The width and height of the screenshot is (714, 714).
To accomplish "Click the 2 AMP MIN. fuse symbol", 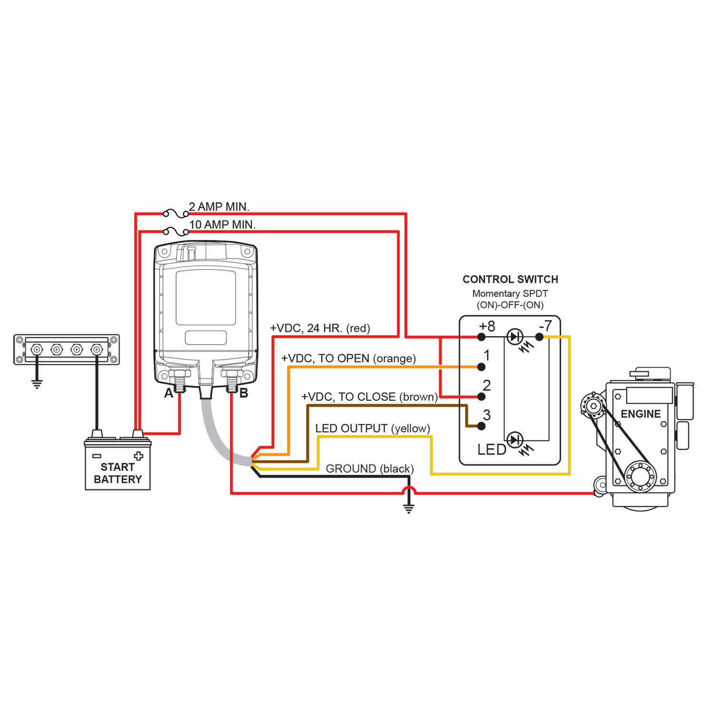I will pos(176,214).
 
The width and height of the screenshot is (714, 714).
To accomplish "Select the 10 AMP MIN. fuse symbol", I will pos(176,232).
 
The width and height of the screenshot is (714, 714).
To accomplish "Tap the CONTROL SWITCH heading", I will pos(510,279).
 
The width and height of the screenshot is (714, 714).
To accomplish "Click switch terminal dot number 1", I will pos(481,367).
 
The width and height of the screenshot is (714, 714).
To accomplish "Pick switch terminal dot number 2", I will pos(481,397).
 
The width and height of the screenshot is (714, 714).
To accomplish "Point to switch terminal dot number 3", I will pos(481,426).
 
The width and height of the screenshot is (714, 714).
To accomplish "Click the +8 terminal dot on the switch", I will pos(481,337).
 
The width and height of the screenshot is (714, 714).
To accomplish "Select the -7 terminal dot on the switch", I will pos(539,337).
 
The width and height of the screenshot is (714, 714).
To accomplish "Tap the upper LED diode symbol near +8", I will pos(515,337).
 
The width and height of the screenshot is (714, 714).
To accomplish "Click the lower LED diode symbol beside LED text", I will pos(515,440).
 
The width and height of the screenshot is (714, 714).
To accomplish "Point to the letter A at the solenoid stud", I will pos(169,394).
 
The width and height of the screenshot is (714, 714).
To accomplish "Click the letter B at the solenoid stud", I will pos(244,394).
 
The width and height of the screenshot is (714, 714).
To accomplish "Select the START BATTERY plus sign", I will pos(139,456).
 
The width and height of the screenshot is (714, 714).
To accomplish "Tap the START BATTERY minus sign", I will pos(97,456).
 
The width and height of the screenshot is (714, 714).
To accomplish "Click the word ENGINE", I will pos(641,414).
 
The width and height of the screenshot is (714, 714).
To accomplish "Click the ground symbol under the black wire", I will pos(408,508).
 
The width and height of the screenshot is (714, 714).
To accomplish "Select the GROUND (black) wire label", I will pos(370,469).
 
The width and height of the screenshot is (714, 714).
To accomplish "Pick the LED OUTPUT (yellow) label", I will pos(373,428).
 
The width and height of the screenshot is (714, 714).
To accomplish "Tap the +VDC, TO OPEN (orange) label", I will pos(348,358).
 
